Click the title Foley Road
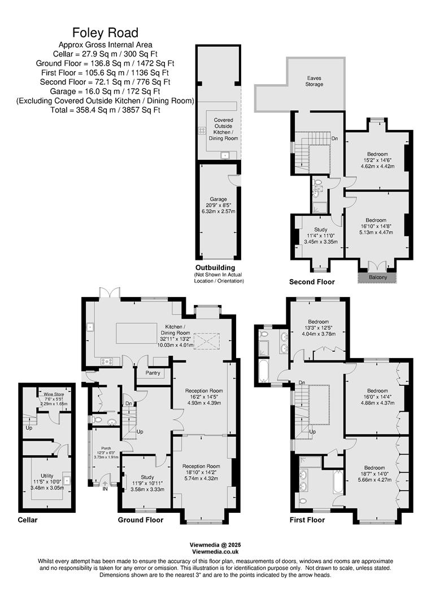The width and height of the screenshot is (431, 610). [105, 32]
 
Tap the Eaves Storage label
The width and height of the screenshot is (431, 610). [315, 81]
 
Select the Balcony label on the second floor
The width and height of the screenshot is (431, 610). [378, 277]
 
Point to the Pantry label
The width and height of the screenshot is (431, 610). [153, 373]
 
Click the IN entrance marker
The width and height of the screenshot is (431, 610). [105, 489]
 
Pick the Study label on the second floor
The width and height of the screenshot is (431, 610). [320, 229]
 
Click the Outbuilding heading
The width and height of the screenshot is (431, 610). [215, 268]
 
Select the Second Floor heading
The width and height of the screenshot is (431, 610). [312, 282]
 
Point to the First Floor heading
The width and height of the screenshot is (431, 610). [308, 520]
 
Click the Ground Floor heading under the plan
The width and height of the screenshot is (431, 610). [141, 520]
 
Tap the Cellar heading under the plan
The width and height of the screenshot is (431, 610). [28, 520]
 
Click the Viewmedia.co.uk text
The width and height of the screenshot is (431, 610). [215, 551]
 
